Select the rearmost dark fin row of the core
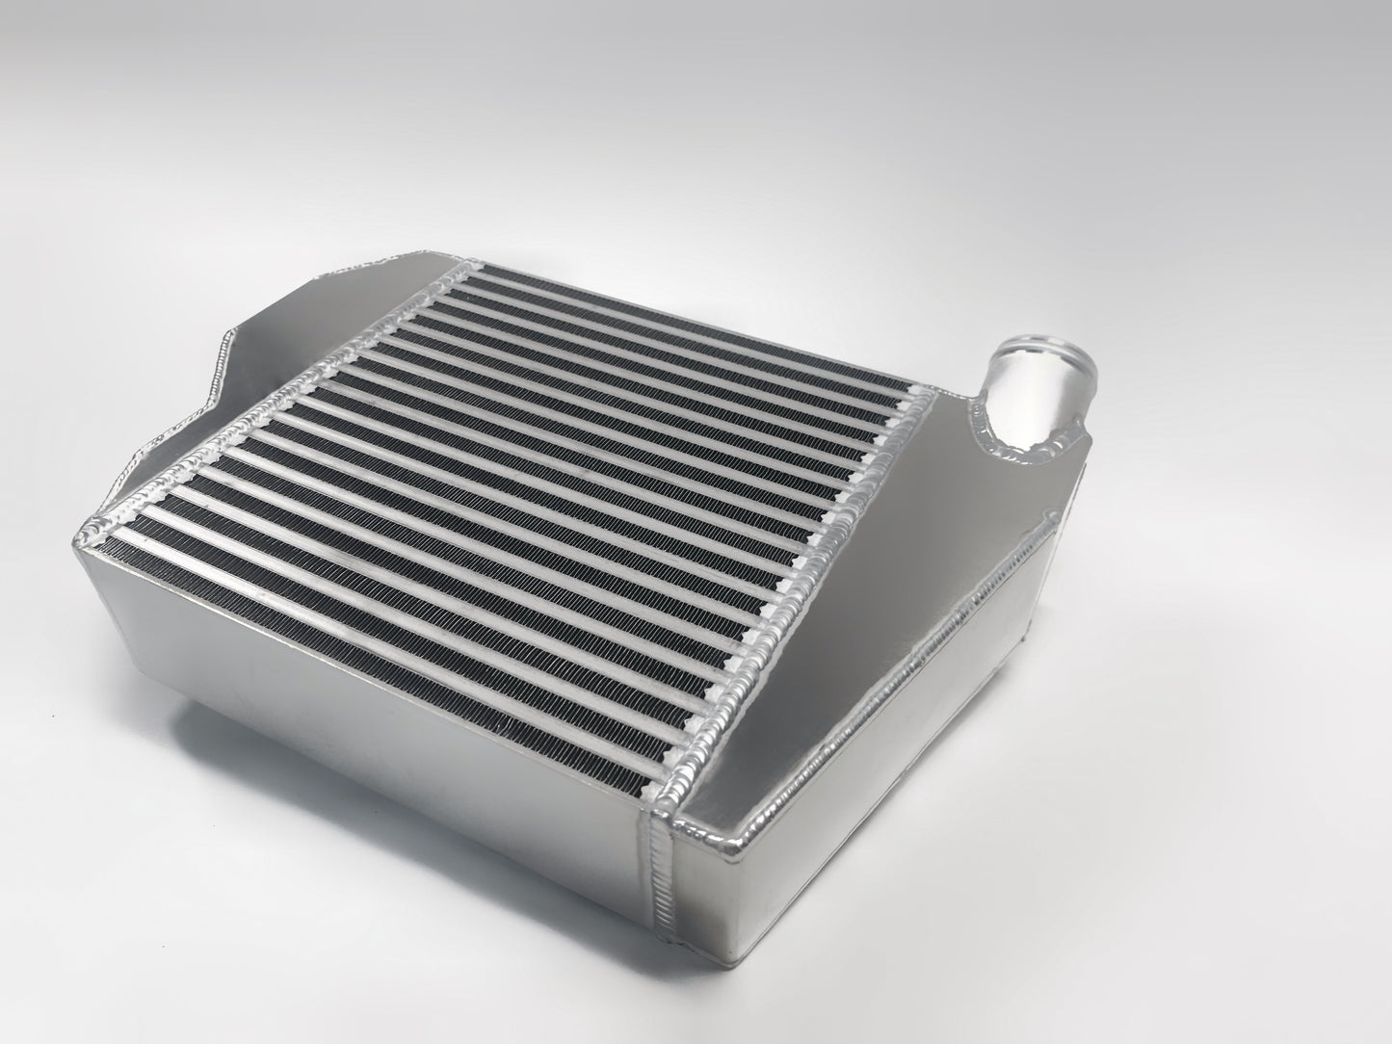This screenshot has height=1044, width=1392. [x=694, y=274]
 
